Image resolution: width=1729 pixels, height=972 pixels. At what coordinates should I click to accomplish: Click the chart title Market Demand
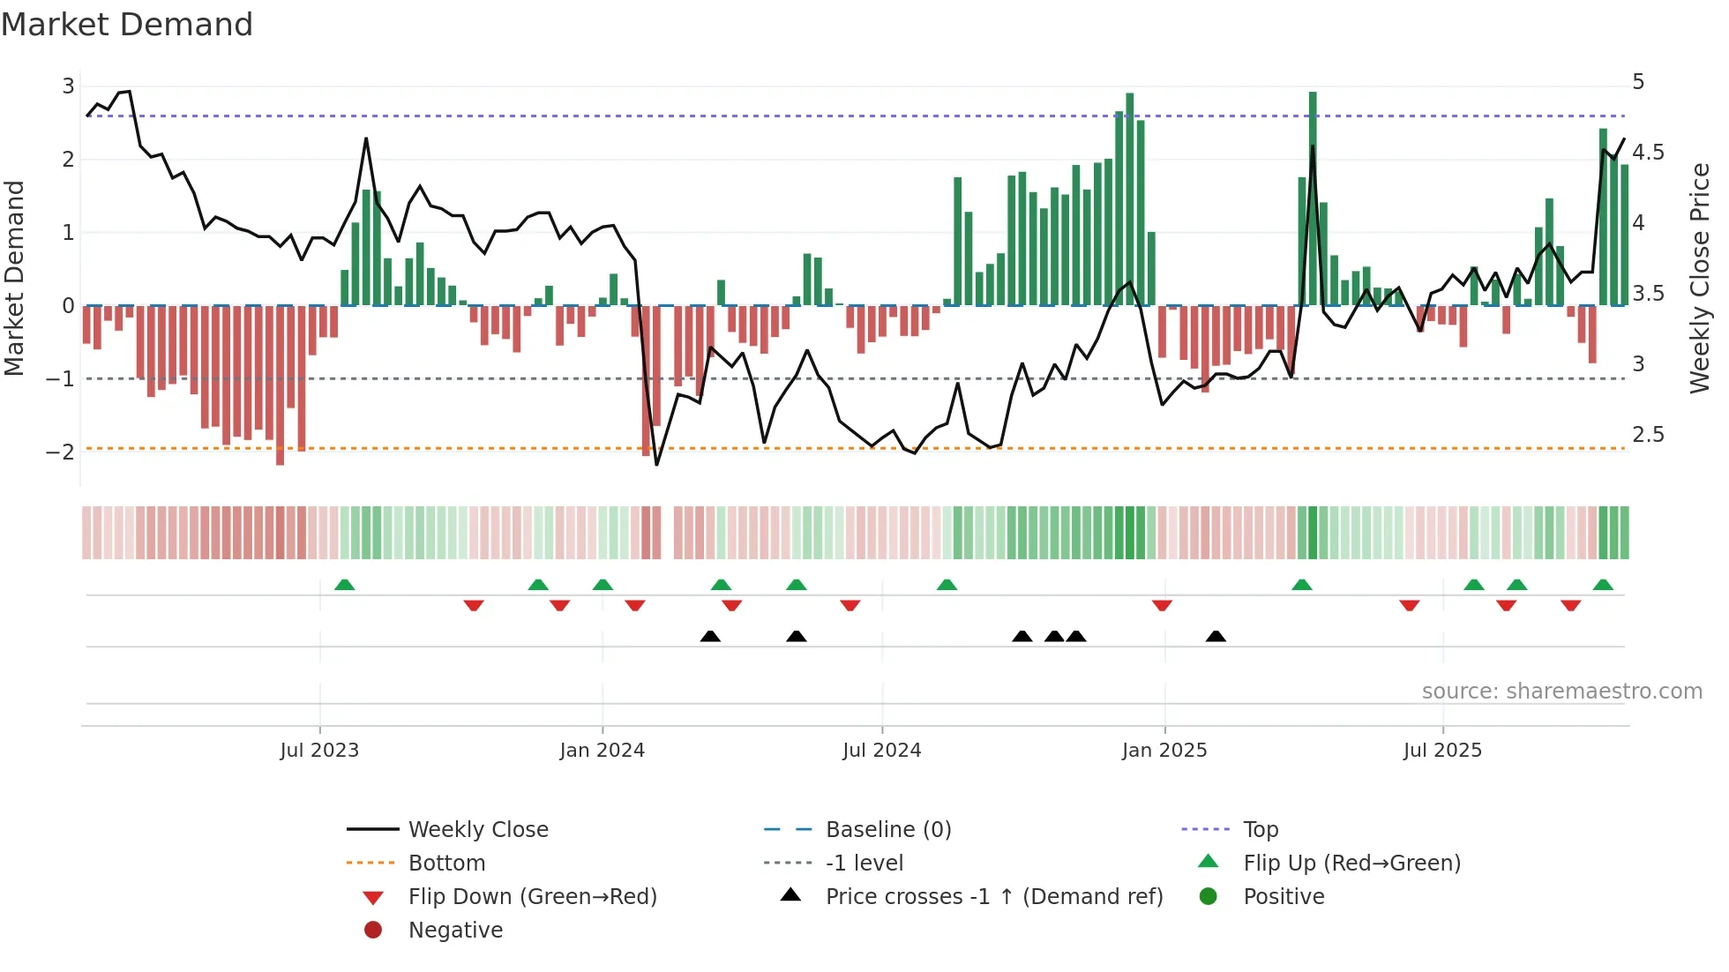coord(127,25)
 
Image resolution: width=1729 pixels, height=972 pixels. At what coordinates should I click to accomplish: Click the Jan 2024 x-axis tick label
coord(602,751)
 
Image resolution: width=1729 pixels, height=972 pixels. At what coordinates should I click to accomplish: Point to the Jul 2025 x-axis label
coord(1442,751)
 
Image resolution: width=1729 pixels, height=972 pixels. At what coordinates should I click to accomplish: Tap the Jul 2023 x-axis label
coord(319,751)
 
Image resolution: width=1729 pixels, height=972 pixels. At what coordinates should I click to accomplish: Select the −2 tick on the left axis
coord(61,452)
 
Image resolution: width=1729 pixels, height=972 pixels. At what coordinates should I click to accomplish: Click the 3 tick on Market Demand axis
coord(68,86)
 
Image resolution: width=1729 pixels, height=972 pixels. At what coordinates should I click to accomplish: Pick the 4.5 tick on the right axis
coord(1648,153)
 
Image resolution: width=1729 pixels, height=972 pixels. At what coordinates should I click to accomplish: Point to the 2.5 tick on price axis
coord(1648,435)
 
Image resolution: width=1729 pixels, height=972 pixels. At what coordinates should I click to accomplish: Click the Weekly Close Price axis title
coord(1700,278)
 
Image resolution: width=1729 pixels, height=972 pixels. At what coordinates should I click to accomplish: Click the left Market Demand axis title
coord(15,278)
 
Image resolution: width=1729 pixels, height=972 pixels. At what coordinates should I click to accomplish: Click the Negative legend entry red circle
coord(373,931)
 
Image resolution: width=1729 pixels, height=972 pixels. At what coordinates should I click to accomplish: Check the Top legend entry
coord(1260,830)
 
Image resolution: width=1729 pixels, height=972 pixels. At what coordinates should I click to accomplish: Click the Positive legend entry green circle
coord(1209,897)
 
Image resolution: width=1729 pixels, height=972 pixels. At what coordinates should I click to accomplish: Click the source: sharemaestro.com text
coord(1561,692)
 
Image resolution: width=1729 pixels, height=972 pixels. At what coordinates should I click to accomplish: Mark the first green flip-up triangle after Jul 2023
coord(345,585)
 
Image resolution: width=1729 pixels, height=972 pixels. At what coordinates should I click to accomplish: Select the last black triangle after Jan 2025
coord(1216,636)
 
